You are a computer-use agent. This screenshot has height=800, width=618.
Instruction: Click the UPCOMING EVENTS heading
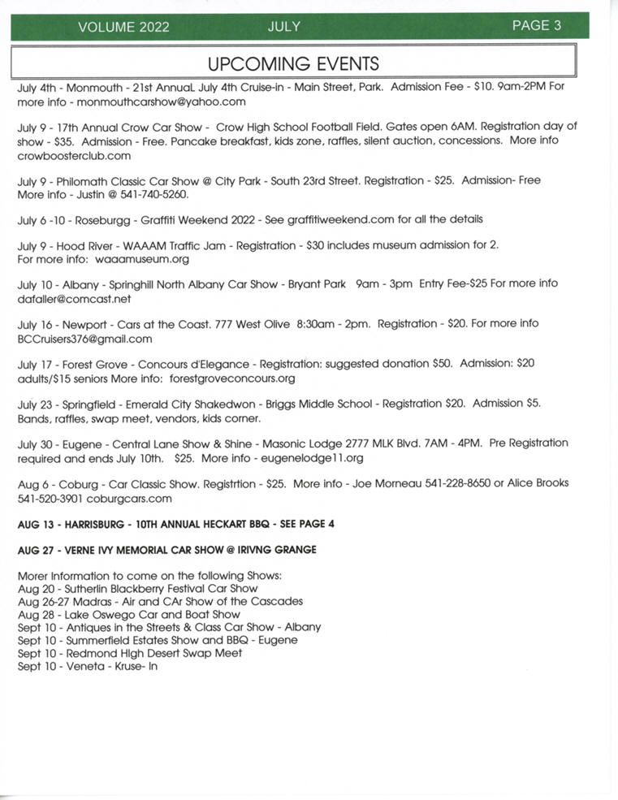coord(293,63)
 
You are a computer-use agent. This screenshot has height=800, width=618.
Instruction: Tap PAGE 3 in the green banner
coord(536,25)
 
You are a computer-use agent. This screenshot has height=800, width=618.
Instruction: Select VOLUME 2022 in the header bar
coord(123,27)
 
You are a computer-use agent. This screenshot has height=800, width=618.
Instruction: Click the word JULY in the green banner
coord(283,27)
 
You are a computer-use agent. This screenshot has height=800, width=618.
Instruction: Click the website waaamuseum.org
coord(141,259)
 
